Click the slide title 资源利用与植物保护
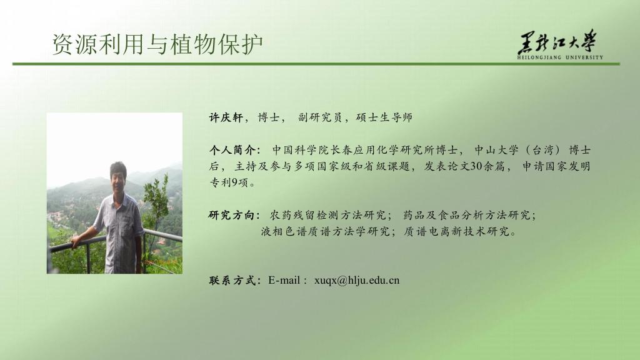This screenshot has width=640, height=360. (157, 44)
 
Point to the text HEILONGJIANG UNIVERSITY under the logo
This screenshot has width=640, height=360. (560, 57)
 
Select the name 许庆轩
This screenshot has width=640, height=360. (226, 117)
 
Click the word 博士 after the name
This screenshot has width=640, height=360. (269, 117)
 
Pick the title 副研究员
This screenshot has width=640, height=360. (319, 117)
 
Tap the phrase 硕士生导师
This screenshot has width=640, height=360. (384, 117)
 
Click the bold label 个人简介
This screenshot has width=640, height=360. (232, 150)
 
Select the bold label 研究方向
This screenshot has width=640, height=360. (231, 215)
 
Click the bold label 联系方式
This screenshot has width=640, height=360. (232, 281)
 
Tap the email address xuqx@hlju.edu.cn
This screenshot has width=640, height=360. (357, 281)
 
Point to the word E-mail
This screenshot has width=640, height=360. (284, 281)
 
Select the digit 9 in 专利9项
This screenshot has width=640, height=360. (235, 182)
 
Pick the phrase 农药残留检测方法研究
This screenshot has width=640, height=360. (327, 215)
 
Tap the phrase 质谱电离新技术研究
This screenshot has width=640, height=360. (456, 231)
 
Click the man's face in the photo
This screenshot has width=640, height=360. (118, 177)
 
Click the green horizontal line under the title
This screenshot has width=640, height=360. (316, 64)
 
